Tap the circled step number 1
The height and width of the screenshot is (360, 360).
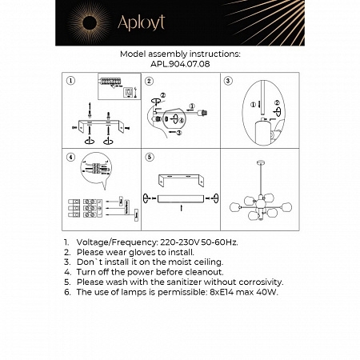[x=71, y=81]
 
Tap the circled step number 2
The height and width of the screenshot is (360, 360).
[x=149, y=81]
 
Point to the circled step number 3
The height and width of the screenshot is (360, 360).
[x=227, y=81]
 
